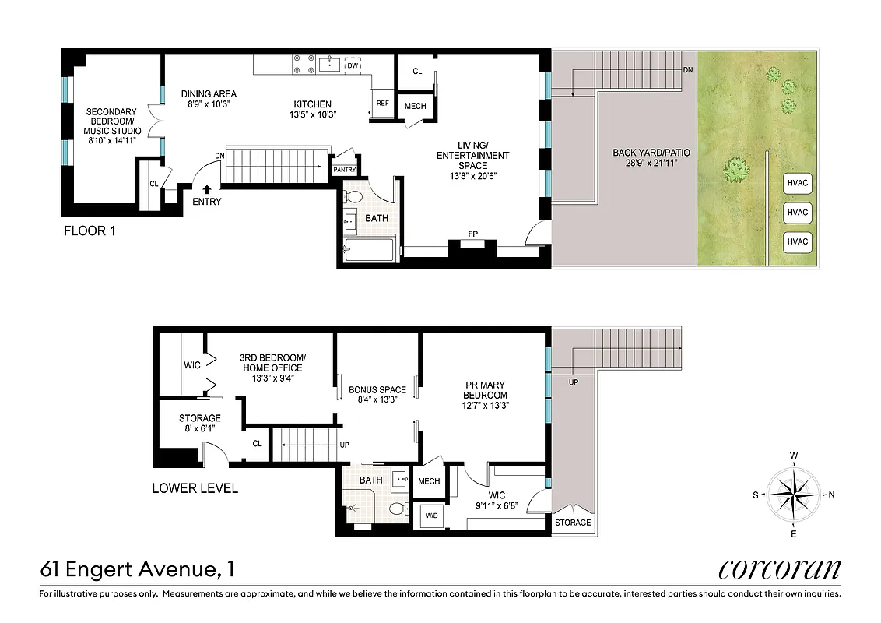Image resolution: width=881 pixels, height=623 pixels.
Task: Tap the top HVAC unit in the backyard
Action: click(797, 184)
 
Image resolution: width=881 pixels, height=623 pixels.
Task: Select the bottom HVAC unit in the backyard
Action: click(797, 241)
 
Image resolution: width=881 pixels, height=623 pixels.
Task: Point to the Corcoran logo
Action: click(779, 569)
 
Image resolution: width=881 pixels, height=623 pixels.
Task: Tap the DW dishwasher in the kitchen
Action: click(353, 66)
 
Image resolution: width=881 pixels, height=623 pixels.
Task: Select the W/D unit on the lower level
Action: click(430, 514)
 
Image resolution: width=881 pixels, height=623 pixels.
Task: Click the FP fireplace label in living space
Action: click(472, 234)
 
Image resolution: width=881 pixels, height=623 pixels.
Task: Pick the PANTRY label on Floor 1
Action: click(344, 170)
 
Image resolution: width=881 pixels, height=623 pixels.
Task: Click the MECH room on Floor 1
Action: click(415, 107)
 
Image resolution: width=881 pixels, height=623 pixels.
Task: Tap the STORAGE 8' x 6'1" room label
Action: click(200, 423)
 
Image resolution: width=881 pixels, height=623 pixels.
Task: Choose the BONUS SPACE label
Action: click(377, 395)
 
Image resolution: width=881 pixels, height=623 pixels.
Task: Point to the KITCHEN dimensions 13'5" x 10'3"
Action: click(312, 115)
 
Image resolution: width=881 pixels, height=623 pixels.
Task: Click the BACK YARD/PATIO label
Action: click(651, 157)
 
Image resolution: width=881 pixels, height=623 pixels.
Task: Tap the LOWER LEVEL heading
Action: click(195, 489)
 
